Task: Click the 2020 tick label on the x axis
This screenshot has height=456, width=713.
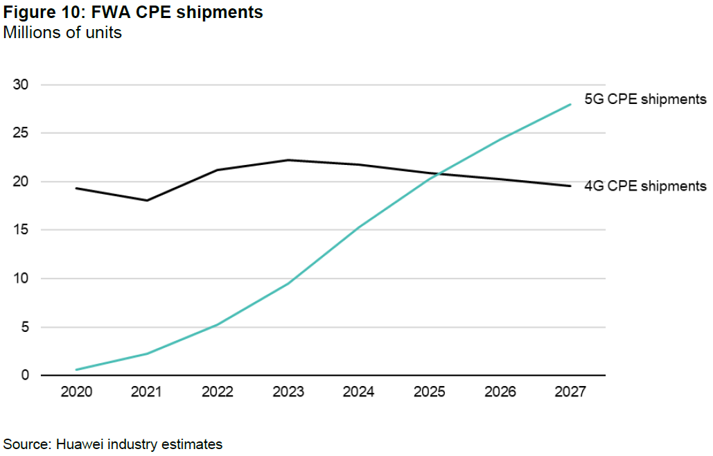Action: [76, 392]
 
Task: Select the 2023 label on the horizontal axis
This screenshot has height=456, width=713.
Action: [288, 392]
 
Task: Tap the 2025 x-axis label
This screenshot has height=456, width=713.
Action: [430, 392]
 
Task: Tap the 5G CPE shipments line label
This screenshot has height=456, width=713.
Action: [645, 99]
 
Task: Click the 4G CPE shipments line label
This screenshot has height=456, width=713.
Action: [645, 186]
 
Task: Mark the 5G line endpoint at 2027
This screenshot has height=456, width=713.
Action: [571, 105]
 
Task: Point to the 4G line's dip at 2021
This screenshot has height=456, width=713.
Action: [147, 200]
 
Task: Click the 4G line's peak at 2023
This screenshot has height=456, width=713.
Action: [288, 160]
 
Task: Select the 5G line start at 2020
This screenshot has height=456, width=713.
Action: [76, 369]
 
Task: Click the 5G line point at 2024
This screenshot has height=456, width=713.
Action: [359, 228]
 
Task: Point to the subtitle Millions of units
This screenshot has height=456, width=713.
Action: [62, 33]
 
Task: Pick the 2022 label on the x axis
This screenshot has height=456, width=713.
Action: [218, 392]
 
